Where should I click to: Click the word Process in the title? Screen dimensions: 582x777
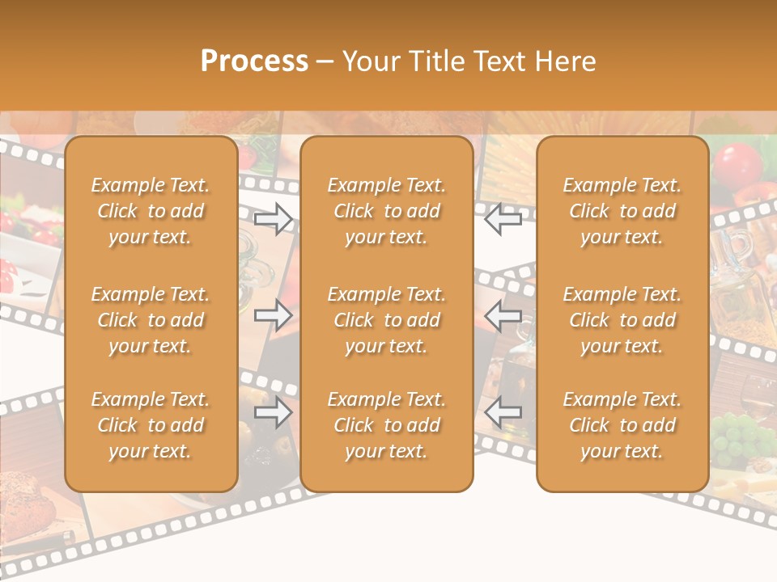(254, 61)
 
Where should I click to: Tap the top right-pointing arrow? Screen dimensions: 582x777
(274, 219)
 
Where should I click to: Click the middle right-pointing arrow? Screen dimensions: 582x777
(274, 315)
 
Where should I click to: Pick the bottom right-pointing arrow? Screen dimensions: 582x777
(274, 412)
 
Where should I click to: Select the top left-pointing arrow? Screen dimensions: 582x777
(503, 219)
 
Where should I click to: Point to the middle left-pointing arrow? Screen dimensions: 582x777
(503, 315)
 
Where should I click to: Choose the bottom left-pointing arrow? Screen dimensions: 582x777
(503, 412)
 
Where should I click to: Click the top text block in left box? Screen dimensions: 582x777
(151, 211)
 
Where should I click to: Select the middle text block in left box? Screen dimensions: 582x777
(151, 320)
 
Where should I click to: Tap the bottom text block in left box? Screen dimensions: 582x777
(151, 425)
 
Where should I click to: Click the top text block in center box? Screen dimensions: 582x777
(387, 211)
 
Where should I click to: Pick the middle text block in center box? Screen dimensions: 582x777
(387, 320)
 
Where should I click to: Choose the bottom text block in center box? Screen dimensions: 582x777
(387, 425)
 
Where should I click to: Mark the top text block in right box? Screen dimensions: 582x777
(622, 211)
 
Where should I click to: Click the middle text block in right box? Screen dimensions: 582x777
(622, 320)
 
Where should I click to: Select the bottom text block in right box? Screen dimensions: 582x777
(622, 425)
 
